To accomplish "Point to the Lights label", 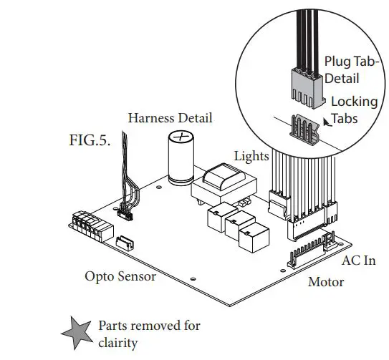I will point(251,156).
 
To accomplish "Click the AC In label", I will point(359,261).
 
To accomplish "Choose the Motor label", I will point(325,282).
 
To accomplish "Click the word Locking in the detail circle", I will point(354,102).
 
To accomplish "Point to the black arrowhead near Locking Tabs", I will point(327,121).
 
